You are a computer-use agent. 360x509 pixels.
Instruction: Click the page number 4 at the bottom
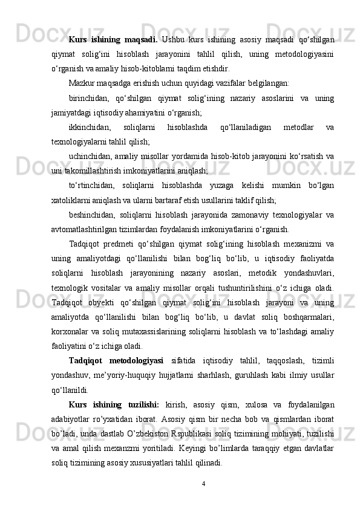(204, 484)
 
